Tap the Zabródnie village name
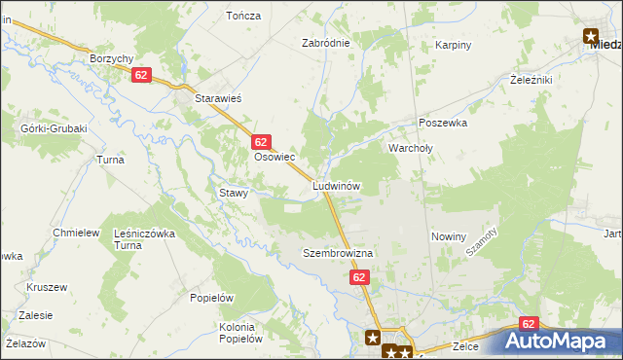pos(325,44)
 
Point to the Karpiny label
pos(454,45)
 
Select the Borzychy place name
pos(111,58)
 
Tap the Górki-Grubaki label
pos(55,128)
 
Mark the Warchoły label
pos(410,148)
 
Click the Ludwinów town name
pos(337,185)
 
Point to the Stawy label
pos(234,193)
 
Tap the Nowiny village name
pos(449,236)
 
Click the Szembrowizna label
pos(338,253)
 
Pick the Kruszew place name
pos(47,288)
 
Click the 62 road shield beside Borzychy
pos(142,75)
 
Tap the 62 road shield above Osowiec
pos(260,141)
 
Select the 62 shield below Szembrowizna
pos(360,278)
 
